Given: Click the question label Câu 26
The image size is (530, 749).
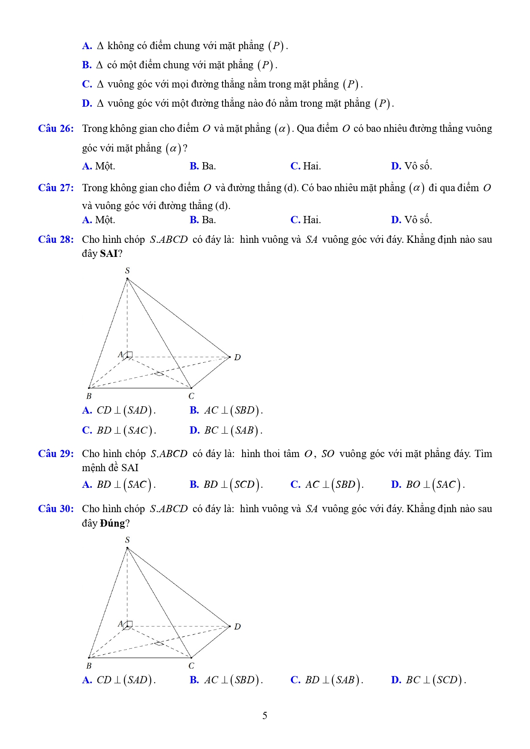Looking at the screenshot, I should click(x=56, y=129).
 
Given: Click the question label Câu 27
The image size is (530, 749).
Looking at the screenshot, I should click(x=56, y=188).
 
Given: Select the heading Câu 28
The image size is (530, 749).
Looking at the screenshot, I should click(x=56, y=240).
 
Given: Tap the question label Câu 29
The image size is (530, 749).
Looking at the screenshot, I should click(x=56, y=454).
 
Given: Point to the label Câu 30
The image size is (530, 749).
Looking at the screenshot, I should click(x=56, y=509).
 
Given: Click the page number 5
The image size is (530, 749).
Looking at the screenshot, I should click(x=265, y=716).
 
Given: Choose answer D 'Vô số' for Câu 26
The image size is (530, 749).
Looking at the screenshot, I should click(x=411, y=166).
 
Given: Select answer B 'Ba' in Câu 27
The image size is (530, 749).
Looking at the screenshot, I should click(x=203, y=220).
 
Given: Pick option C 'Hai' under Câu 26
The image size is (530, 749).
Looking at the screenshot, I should click(x=306, y=166).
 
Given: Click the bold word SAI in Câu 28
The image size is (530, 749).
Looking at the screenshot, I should click(x=108, y=254).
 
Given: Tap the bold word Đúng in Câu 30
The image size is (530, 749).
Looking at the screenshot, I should click(x=112, y=524).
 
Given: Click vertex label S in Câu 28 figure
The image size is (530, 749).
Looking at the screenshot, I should click(x=127, y=271).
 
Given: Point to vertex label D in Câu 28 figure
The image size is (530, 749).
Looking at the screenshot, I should click(x=237, y=358).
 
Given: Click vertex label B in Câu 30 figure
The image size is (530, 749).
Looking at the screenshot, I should click(x=89, y=666).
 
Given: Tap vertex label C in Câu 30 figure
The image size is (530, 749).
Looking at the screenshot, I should click(x=191, y=666).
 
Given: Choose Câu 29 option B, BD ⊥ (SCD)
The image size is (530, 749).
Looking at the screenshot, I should click(x=226, y=485).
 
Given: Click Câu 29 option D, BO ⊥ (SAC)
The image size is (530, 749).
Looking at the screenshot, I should click(x=428, y=485).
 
